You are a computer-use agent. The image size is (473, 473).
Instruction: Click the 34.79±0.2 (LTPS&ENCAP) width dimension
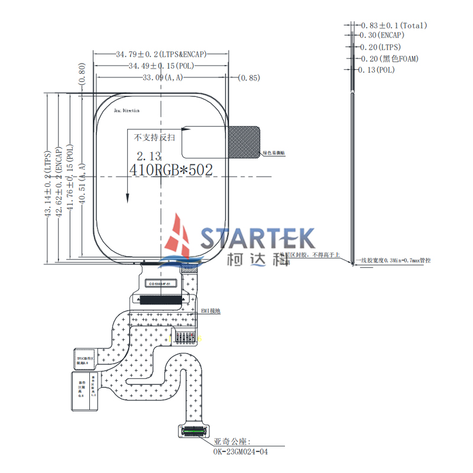[160, 54]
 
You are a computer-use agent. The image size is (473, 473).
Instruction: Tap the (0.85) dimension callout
[249, 77]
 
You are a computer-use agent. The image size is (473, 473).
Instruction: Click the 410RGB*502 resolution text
[170, 169]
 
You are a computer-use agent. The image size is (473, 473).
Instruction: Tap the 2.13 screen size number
[148, 157]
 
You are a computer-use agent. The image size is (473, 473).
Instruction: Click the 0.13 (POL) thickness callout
[377, 70]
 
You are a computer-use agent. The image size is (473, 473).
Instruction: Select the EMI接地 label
[210, 310]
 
